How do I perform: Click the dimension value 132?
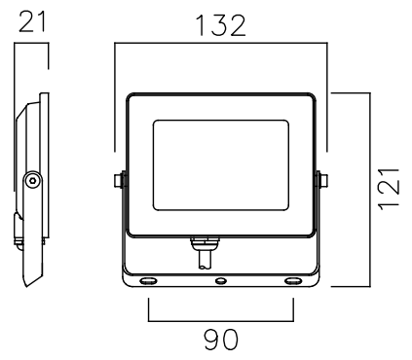[x=221, y=25]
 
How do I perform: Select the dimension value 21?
[x=33, y=21]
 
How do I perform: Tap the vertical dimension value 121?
[x=389, y=190]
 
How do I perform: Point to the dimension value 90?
[x=221, y=340]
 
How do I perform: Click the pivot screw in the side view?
[x=32, y=180]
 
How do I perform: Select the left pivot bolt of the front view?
[x=119, y=180]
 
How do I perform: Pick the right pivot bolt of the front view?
[x=322, y=180]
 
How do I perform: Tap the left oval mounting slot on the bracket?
[x=148, y=280]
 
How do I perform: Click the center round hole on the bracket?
[x=221, y=281]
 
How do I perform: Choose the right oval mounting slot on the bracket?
[x=293, y=280]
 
